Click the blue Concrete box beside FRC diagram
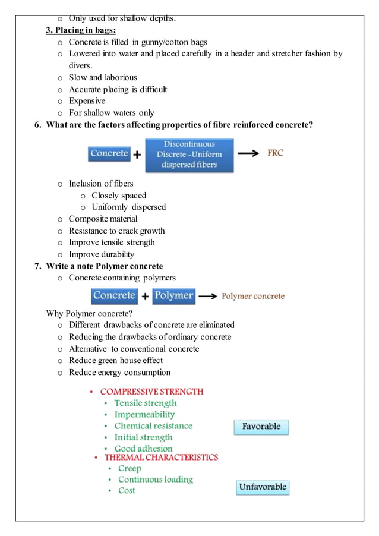[x=109, y=154]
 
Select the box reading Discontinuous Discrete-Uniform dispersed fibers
[x=190, y=155]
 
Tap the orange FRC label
[x=275, y=153]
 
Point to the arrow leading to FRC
[x=248, y=153]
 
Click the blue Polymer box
[x=173, y=296]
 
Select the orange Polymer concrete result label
[x=253, y=296]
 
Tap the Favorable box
[x=261, y=427]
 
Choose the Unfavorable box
[x=263, y=487]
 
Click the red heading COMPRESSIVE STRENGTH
[x=151, y=392]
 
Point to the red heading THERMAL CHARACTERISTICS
[x=161, y=458]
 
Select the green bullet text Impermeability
[x=144, y=415]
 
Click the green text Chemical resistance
[x=153, y=426]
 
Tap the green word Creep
[x=130, y=468]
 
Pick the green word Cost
[x=127, y=491]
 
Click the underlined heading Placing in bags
[x=81, y=30]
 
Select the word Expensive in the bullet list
[x=87, y=101]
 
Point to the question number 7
[x=38, y=266]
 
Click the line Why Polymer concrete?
[x=89, y=313]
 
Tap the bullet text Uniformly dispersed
[x=128, y=207]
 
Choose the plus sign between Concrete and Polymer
[x=145, y=297]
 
